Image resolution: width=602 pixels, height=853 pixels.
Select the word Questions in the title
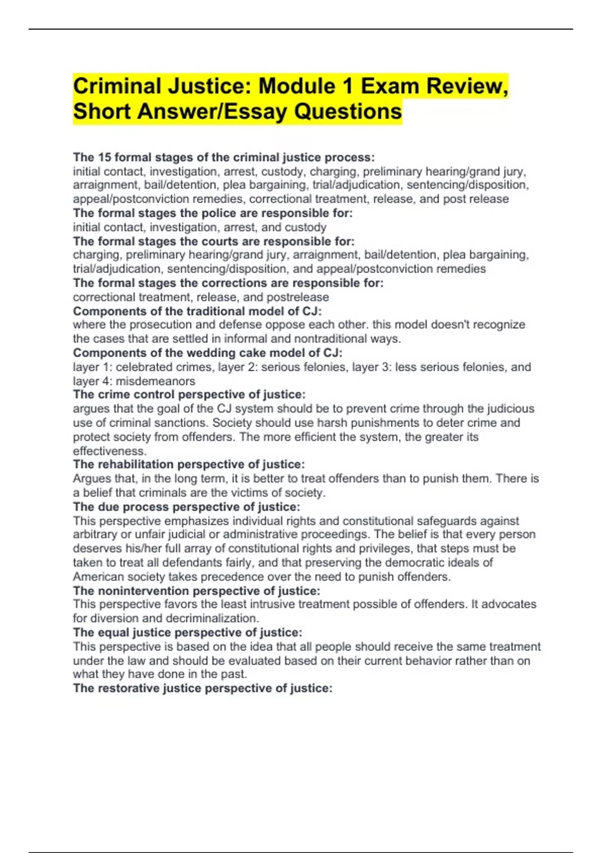[348, 111]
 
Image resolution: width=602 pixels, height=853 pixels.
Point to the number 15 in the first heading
[104, 158]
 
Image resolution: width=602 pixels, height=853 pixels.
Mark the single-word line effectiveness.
[109, 451]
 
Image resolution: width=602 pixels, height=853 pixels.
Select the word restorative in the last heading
[129, 688]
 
